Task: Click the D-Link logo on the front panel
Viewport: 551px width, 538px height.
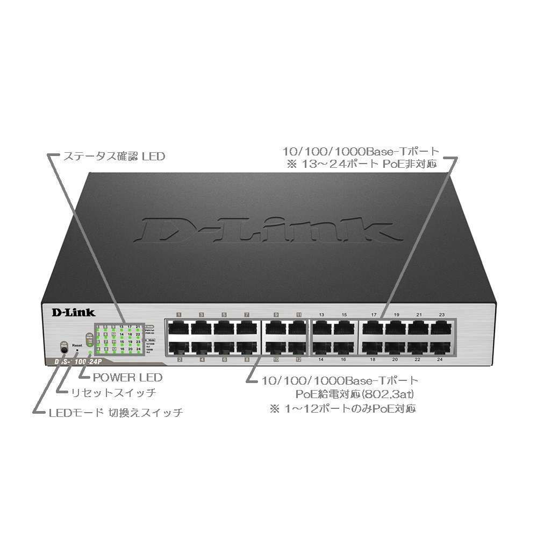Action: click(x=73, y=311)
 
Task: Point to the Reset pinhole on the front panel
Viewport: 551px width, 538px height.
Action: click(x=77, y=350)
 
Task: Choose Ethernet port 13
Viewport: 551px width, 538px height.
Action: click(x=321, y=328)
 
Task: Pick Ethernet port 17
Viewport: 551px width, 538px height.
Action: click(x=373, y=328)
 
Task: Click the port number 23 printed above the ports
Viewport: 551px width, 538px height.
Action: click(x=442, y=314)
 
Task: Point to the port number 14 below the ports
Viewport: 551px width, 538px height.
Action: click(x=321, y=359)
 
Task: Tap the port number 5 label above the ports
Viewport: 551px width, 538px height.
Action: click(x=224, y=314)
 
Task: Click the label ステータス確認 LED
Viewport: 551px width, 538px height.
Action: click(x=114, y=157)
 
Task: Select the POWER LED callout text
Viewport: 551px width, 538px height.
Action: click(x=127, y=378)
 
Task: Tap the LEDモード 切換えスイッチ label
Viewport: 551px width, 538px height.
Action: click(x=116, y=413)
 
